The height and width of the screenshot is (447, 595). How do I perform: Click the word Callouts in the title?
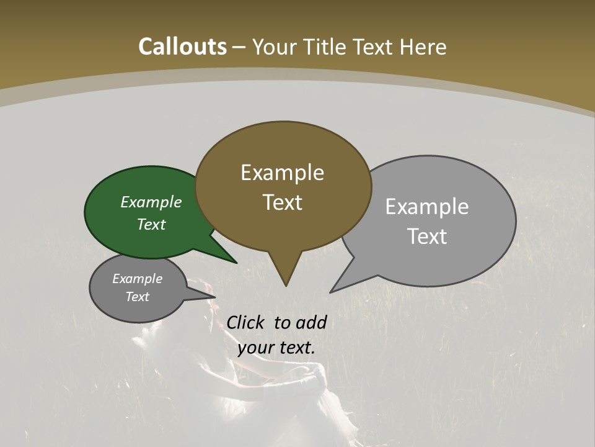[182, 47]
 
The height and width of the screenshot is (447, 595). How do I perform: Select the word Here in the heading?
[423, 47]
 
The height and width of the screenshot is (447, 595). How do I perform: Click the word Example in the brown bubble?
[282, 173]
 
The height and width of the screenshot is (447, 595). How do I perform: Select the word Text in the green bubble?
[151, 225]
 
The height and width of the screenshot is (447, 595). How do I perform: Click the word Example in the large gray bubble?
[427, 207]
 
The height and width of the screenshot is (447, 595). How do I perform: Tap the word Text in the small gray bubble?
[137, 297]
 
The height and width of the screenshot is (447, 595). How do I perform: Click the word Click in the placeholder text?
[246, 322]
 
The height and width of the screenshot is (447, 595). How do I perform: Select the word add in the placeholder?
[311, 322]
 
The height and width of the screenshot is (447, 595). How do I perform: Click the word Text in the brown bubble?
[283, 202]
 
